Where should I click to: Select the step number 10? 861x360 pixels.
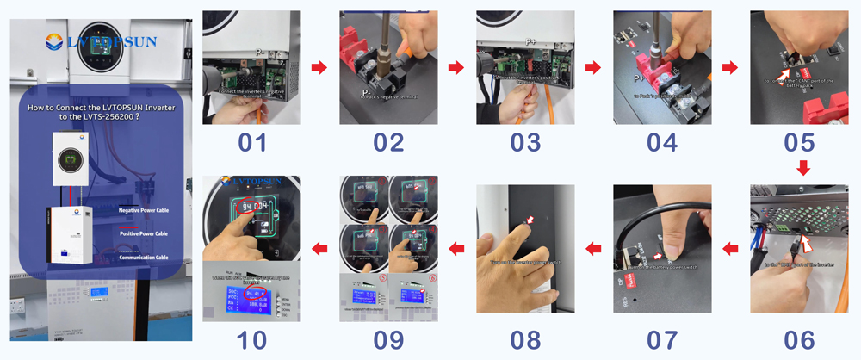click(x=251, y=338)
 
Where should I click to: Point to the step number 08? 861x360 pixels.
click(x=524, y=338)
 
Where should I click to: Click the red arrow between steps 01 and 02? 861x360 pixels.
click(x=319, y=67)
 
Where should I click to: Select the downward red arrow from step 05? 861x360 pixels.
click(x=802, y=169)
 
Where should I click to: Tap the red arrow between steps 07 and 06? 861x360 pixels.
click(x=730, y=249)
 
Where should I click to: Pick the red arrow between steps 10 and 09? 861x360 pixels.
click(x=319, y=249)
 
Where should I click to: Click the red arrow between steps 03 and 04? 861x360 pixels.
click(x=592, y=67)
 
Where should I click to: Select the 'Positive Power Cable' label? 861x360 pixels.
click(x=142, y=233)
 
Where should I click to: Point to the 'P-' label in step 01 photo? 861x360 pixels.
click(x=257, y=52)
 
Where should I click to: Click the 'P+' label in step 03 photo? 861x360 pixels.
click(x=530, y=40)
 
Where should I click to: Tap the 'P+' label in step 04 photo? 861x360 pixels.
click(x=640, y=78)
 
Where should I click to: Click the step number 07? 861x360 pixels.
click(x=661, y=338)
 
